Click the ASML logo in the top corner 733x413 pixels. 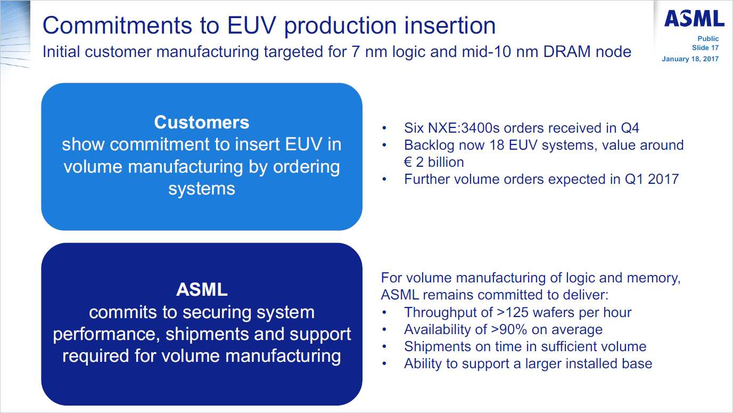tap(694, 19)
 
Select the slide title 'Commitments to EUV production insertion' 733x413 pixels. tap(269, 25)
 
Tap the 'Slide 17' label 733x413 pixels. tap(702, 48)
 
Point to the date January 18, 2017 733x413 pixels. tap(690, 59)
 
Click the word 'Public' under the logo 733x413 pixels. tap(708, 39)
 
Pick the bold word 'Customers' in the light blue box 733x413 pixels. tap(202, 123)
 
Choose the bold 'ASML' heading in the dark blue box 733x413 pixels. tap(202, 290)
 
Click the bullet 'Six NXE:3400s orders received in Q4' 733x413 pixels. tap(521, 128)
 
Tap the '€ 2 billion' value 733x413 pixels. tap(434, 162)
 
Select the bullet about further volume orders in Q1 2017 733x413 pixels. tap(541, 179)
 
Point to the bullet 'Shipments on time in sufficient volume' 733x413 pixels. tap(525, 346)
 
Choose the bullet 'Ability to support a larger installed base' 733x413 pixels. tap(528, 363)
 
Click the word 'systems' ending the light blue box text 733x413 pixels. tap(202, 189)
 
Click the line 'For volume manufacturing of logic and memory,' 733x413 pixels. tap(531, 278)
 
